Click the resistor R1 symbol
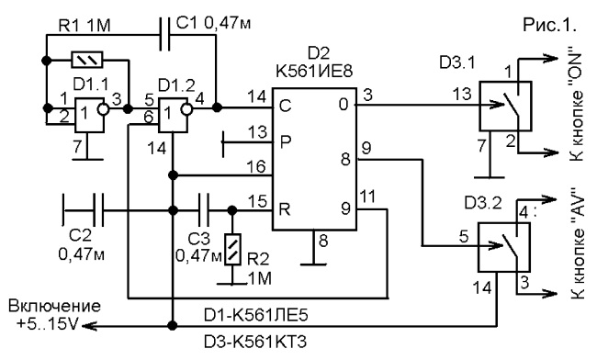coord(87,60)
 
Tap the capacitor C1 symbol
coord(164,35)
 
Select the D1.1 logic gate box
coord(89,116)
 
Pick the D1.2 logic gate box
coord(173,116)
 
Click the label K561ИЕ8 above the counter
coord(314,71)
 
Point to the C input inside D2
coord(285,106)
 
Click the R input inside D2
coord(285,208)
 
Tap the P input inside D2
coord(285,141)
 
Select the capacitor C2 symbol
coord(98,210)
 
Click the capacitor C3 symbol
coord(203,210)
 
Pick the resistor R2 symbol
coord(232,249)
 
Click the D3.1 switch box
coord(505,107)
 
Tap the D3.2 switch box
coord(504,247)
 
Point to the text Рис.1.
coord(550,25)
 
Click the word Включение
coord(55,306)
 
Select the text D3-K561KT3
coord(255,343)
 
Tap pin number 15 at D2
coord(257,201)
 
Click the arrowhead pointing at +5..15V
coord(89,326)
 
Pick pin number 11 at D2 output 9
coord(367,197)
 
